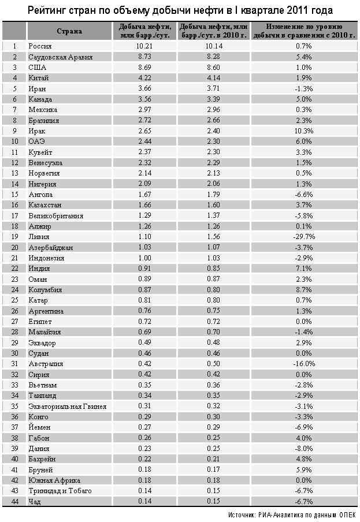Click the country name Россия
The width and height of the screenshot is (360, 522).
click(40, 46)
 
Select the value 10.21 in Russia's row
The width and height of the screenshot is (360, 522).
click(144, 46)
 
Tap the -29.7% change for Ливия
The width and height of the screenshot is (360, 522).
click(304, 237)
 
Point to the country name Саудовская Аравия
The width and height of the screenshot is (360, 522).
click(60, 57)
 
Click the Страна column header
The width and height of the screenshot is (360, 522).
click(69, 31)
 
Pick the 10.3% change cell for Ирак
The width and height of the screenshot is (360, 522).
click(304, 131)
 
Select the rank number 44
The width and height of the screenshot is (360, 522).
click(14, 501)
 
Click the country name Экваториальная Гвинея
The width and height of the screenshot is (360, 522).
click(67, 406)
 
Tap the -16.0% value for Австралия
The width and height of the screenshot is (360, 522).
click(304, 364)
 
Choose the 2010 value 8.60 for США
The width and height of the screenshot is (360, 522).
click(213, 68)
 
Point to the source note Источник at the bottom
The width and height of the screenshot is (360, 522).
click(242, 514)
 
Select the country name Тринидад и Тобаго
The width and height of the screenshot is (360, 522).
click(60, 491)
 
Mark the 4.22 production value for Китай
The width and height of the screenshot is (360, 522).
click(144, 78)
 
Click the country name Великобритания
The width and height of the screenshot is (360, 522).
click(56, 216)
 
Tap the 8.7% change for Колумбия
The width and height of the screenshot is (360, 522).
click(304, 290)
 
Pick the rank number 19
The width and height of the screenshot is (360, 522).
click(14, 237)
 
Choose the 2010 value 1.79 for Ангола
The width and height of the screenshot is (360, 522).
click(213, 195)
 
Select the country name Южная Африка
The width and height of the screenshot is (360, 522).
click(54, 480)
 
